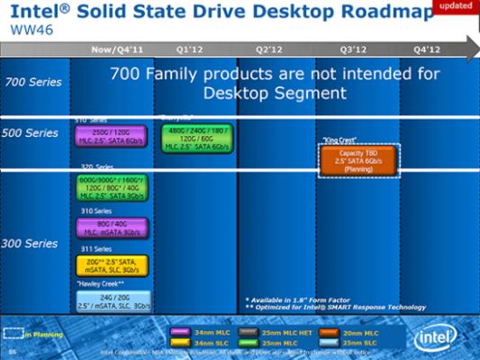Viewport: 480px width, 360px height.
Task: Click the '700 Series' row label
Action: click(33, 82)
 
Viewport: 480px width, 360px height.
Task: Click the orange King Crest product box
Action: click(358, 161)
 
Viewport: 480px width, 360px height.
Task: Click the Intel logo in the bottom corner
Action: click(435, 338)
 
